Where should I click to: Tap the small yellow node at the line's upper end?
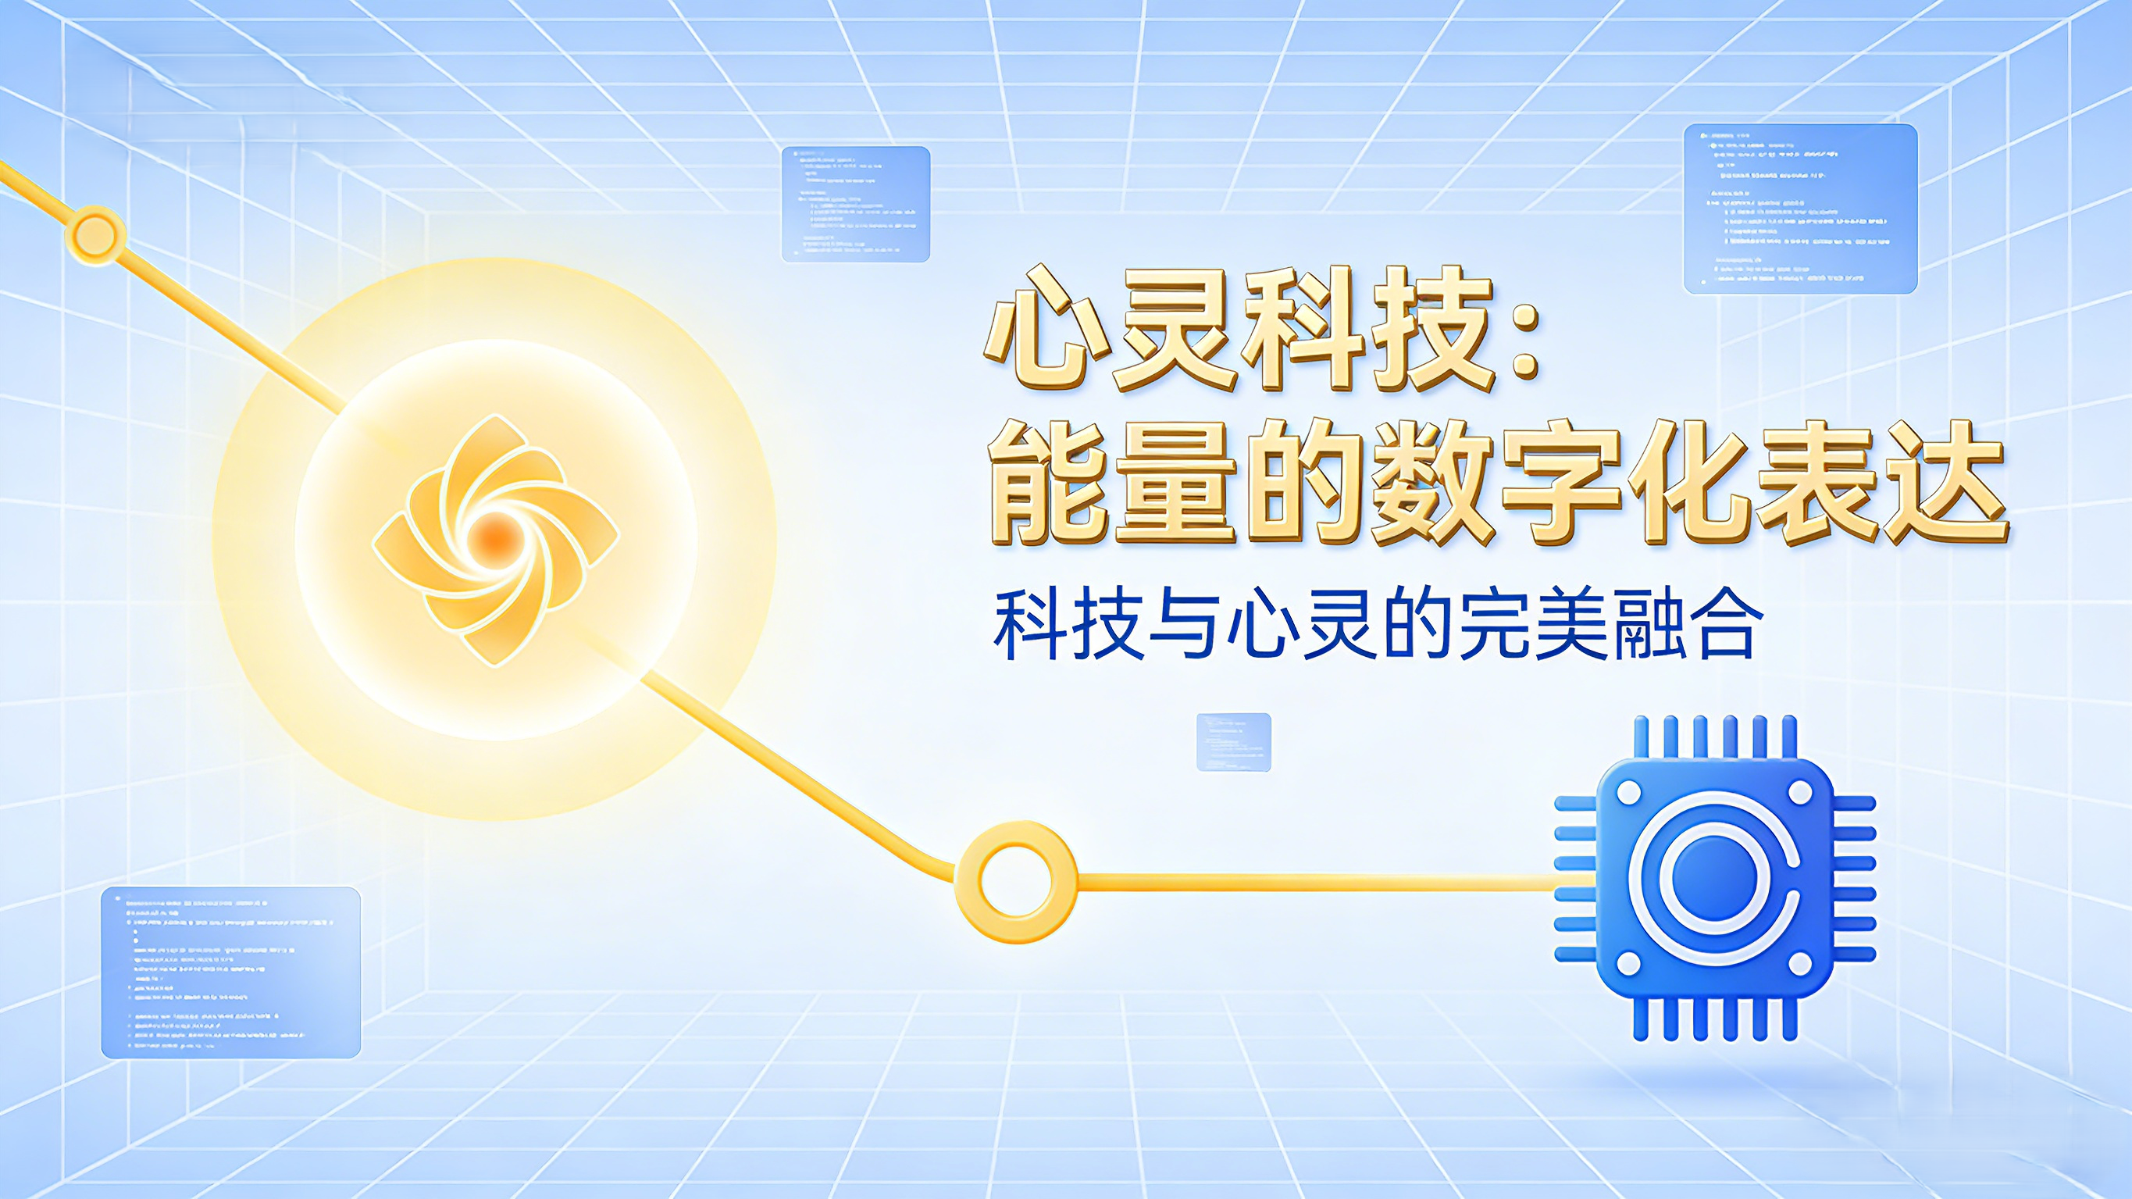click(95, 235)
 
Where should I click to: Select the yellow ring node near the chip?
click(1015, 881)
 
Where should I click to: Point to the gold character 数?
click(1431, 484)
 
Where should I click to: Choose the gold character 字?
click(1560, 484)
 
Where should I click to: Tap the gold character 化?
click(1688, 484)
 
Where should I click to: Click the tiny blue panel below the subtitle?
click(1233, 742)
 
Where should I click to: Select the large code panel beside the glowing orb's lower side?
click(231, 972)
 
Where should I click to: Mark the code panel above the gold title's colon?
click(1800, 209)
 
